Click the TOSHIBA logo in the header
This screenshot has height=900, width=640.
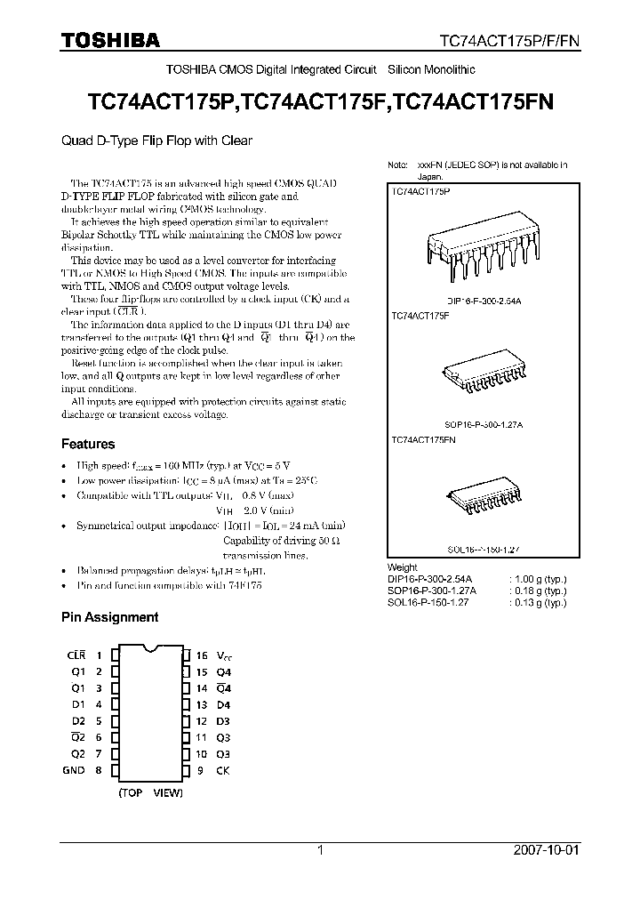tap(110, 40)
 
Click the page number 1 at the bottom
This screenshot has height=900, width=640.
tap(320, 850)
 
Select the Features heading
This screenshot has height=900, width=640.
tap(87, 444)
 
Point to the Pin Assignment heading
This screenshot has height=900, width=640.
tap(109, 616)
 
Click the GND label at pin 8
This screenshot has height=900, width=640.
tap(74, 770)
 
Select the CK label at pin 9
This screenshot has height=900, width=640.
tap(222, 770)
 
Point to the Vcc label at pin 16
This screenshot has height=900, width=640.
tap(224, 655)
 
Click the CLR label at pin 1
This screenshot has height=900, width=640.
tap(76, 655)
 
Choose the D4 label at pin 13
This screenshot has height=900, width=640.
tap(223, 704)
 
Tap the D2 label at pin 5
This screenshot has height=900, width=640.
tap(78, 721)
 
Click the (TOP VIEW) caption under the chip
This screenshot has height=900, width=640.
tap(150, 792)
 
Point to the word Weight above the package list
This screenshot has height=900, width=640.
tap(403, 567)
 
